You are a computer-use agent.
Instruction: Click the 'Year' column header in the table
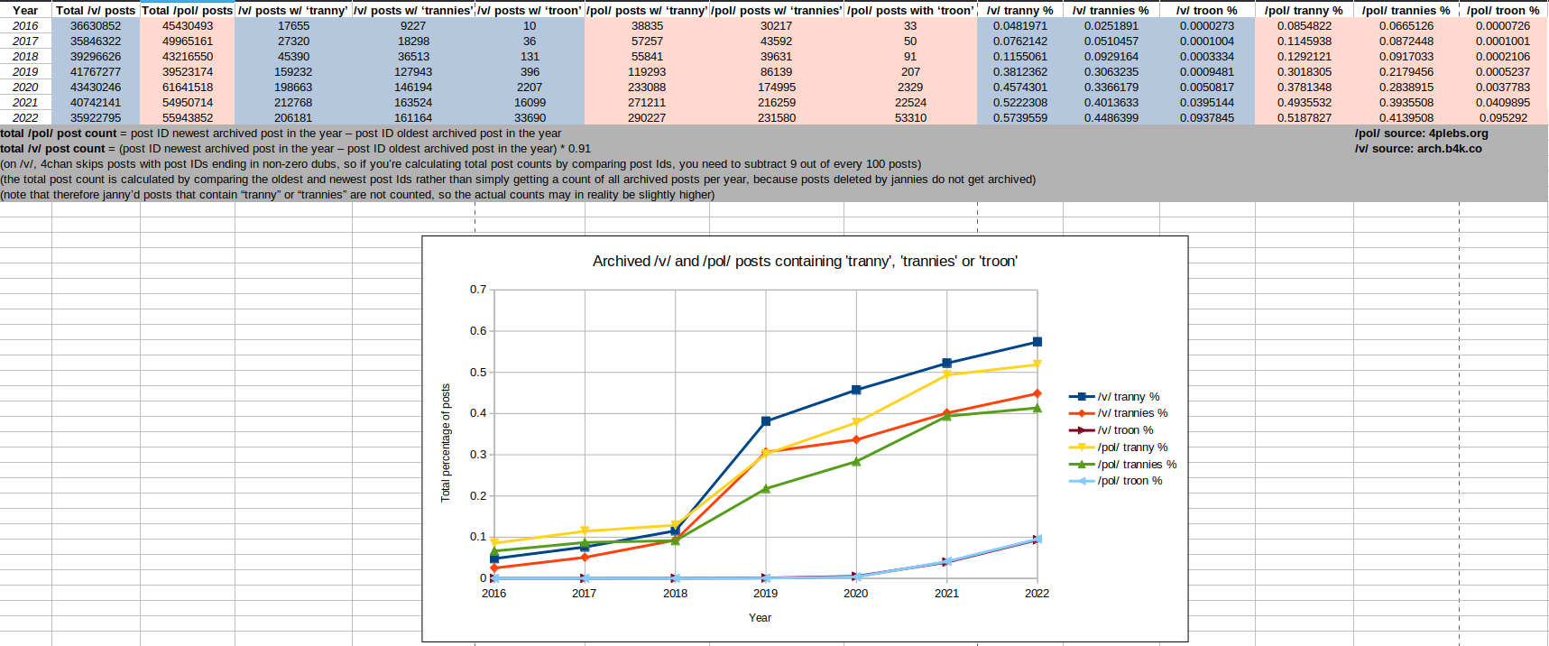click(x=25, y=11)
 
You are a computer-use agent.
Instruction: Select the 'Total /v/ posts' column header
click(x=96, y=11)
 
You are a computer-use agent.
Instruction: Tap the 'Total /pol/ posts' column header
click(x=188, y=11)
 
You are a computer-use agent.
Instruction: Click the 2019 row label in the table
click(x=25, y=72)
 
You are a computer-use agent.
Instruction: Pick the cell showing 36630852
click(x=96, y=26)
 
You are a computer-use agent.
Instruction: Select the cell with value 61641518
click(x=188, y=88)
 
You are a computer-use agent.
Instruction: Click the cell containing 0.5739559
click(x=1020, y=118)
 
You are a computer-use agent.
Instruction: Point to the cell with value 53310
click(x=910, y=118)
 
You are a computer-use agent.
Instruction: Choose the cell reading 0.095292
click(x=1503, y=118)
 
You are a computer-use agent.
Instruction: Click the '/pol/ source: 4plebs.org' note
click(x=1421, y=134)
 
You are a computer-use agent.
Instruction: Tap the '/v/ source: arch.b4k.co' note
click(x=1417, y=149)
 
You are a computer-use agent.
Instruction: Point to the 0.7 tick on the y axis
click(x=478, y=290)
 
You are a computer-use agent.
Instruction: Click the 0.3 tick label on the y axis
click(x=478, y=455)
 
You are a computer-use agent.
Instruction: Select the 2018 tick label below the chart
click(x=675, y=594)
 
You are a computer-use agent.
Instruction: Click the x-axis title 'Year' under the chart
click(x=760, y=618)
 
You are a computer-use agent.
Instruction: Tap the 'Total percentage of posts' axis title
click(x=446, y=442)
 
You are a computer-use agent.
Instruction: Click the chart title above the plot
click(x=805, y=262)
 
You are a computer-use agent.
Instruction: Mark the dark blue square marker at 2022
click(x=1037, y=342)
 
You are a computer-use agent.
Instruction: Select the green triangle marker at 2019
click(x=766, y=488)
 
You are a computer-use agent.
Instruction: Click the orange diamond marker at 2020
click(x=856, y=439)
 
